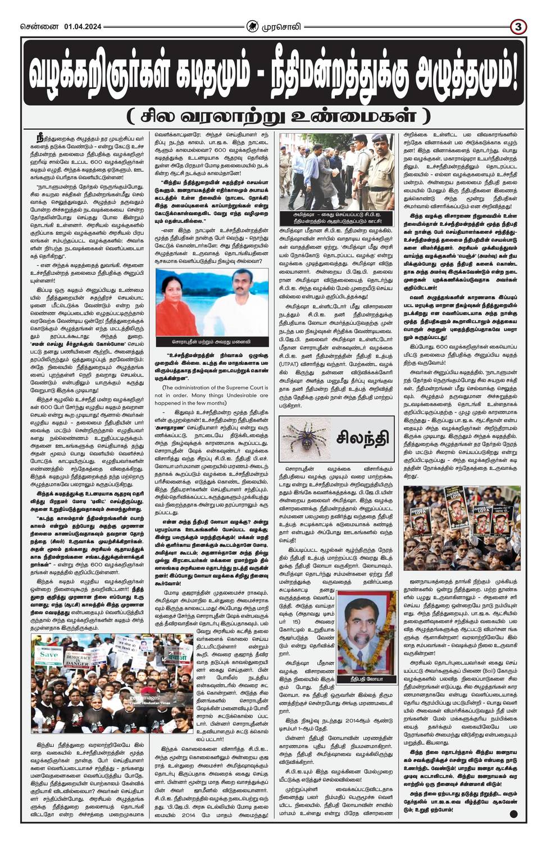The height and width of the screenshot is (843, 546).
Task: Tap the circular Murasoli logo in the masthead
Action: (x=253, y=26)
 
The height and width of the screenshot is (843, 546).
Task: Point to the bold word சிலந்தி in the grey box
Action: (x=362, y=437)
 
